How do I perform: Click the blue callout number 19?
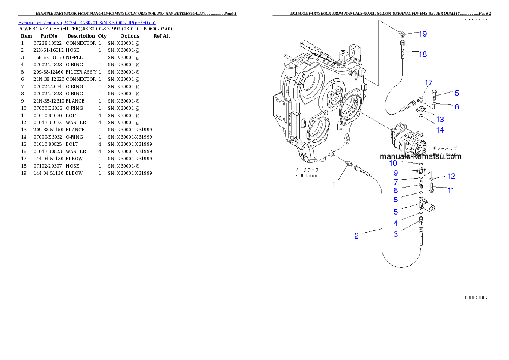(x=423, y=34)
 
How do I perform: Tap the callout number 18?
(x=423, y=54)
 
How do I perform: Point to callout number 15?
(x=454, y=93)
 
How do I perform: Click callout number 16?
(x=455, y=106)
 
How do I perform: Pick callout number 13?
(x=440, y=119)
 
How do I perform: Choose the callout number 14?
(x=440, y=130)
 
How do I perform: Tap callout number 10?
(x=393, y=163)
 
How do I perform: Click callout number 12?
(x=451, y=176)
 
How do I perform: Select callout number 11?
(x=451, y=190)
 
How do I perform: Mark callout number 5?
(x=396, y=212)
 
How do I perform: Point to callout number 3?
(x=396, y=234)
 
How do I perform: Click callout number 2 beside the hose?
(x=356, y=236)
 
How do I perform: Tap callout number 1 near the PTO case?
(x=334, y=184)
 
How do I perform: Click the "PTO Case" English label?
(x=305, y=176)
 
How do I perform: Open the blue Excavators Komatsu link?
(x=87, y=22)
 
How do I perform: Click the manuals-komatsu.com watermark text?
(x=420, y=156)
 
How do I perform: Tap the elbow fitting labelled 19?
(x=401, y=32)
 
